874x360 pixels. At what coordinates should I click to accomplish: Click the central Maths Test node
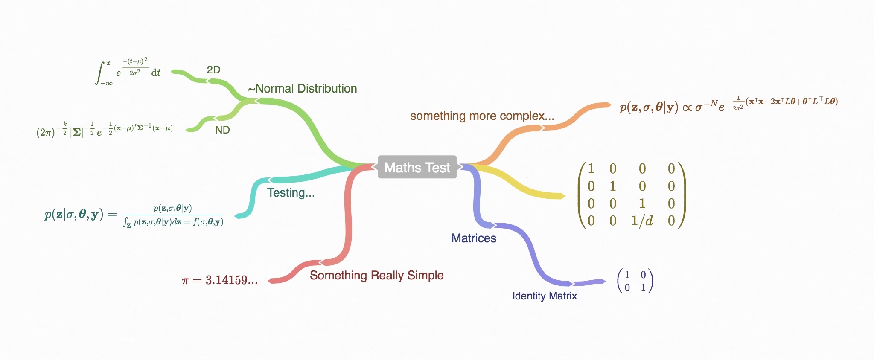pyautogui.click(x=417, y=167)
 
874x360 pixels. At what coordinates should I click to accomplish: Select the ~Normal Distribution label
pyautogui.click(x=303, y=89)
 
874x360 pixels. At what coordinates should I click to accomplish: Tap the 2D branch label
pyautogui.click(x=213, y=70)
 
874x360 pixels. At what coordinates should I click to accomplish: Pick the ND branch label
pyautogui.click(x=222, y=130)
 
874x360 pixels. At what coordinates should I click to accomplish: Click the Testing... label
pyautogui.click(x=291, y=193)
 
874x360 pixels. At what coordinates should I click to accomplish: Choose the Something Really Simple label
pyautogui.click(x=376, y=276)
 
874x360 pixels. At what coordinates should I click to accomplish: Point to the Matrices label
pyautogui.click(x=474, y=238)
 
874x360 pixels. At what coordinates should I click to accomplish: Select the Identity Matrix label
pyautogui.click(x=545, y=296)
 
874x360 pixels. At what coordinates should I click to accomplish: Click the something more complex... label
pyautogui.click(x=482, y=116)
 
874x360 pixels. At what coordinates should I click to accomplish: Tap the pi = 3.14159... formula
pyautogui.click(x=220, y=280)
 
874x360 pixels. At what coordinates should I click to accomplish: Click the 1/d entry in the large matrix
pyautogui.click(x=642, y=221)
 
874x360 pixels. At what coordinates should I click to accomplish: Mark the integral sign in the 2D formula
pyautogui.click(x=100, y=73)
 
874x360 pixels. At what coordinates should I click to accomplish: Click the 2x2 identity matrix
pyautogui.click(x=635, y=281)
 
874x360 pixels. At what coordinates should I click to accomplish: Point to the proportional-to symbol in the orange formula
pyautogui.click(x=687, y=107)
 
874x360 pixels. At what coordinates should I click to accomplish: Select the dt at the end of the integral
pyautogui.click(x=156, y=73)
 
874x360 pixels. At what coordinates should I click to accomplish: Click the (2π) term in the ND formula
pyautogui.click(x=46, y=132)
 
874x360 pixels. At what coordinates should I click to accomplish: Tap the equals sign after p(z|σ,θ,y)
pyautogui.click(x=112, y=214)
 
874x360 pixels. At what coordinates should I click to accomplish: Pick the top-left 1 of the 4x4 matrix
pyautogui.click(x=591, y=169)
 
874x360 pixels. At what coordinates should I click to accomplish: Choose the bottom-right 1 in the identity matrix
pyautogui.click(x=643, y=288)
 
